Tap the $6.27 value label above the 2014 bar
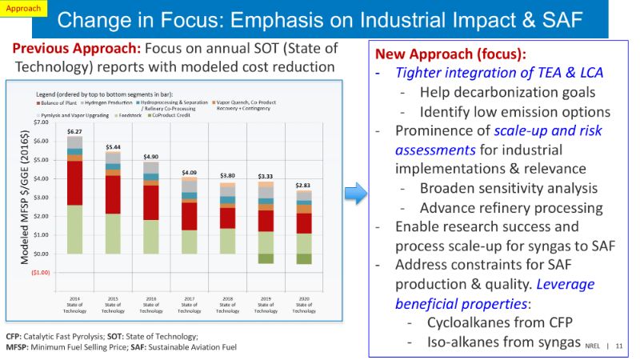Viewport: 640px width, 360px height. point(75,131)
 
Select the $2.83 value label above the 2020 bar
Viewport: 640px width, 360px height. point(304,186)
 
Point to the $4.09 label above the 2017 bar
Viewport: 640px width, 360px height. point(190,172)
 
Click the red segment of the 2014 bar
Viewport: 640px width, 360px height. point(75,182)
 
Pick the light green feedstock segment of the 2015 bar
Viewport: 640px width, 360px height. point(113,233)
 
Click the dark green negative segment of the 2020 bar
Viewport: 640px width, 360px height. point(304,258)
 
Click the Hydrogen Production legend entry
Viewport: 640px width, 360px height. point(109,103)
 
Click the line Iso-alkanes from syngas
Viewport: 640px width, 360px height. point(493,342)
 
